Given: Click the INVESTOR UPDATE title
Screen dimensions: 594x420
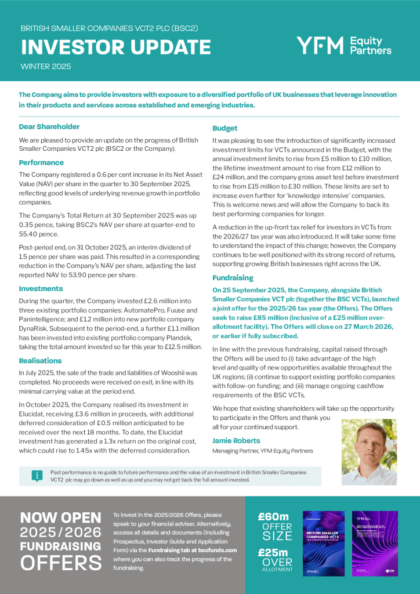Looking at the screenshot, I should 115,47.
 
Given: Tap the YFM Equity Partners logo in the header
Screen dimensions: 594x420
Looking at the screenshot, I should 343,45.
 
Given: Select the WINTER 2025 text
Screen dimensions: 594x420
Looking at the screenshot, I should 46,67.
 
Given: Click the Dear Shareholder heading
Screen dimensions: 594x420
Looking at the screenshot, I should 49,126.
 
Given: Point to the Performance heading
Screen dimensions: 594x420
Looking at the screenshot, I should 41,162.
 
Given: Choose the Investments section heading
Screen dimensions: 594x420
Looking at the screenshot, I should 41,288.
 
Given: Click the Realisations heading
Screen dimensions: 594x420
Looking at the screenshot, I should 40,360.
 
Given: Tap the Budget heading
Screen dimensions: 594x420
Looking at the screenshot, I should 225,128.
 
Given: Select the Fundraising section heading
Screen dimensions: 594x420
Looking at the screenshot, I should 233,277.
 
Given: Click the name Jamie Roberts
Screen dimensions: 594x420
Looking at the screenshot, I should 236,440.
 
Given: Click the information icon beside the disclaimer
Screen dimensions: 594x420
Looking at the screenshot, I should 37,476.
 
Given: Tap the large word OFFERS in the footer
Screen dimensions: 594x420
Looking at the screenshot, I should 61,563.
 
